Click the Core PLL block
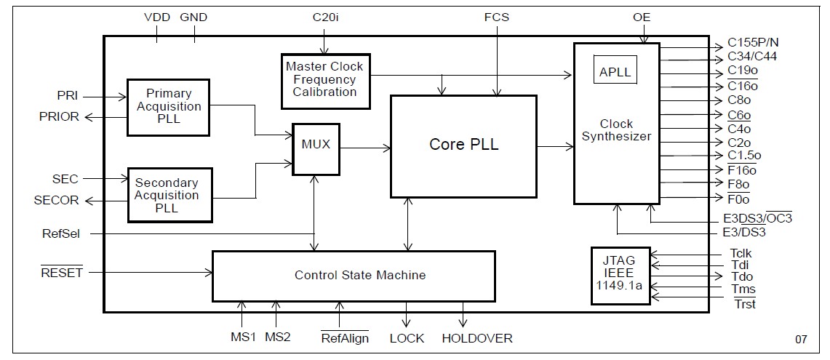click(463, 145)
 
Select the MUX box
click(315, 148)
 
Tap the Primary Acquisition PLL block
click(168, 107)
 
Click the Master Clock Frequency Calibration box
click(324, 79)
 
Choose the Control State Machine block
click(353, 276)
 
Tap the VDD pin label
click(157, 17)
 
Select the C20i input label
click(326, 17)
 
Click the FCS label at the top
click(498, 17)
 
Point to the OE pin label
click(641, 17)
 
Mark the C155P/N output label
click(757, 44)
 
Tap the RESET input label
click(63, 273)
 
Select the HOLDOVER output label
click(476, 338)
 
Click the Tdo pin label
click(741, 276)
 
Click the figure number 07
click(800, 339)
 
